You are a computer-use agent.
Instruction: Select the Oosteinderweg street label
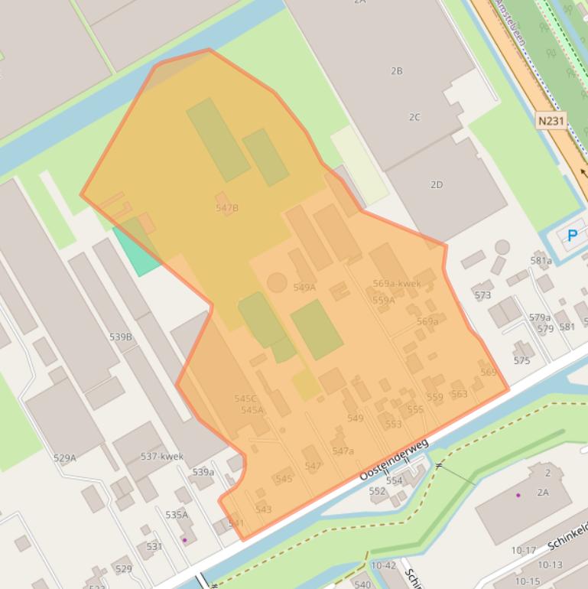pos(395,460)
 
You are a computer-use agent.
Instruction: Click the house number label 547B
pos(227,208)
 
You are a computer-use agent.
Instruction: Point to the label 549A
pos(304,288)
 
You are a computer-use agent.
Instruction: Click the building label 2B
pos(396,71)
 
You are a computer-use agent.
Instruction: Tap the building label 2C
pos(414,117)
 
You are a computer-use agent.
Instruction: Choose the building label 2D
pos(437,184)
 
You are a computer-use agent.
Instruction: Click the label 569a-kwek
pos(397,284)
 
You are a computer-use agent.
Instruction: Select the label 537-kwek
pos(162,457)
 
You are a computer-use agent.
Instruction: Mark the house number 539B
pos(121,337)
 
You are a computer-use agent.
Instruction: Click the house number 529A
pos(65,458)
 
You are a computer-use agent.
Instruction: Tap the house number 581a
pos(541,261)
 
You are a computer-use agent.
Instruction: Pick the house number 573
pos(482,295)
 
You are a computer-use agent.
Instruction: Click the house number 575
pos(521,360)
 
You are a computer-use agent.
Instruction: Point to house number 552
pos(378,491)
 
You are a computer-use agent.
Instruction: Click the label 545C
pos(245,399)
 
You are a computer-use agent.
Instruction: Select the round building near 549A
pos(277,282)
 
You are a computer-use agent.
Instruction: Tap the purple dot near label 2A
pos(518,495)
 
